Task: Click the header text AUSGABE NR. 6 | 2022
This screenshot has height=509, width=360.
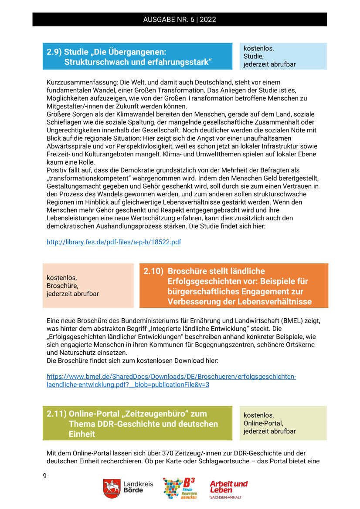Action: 179,20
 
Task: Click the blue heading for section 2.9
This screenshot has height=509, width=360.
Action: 137,57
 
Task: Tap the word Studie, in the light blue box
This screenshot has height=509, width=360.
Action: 253,56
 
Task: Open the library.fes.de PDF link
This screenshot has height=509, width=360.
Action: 114,242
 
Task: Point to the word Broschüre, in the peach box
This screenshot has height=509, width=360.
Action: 62,286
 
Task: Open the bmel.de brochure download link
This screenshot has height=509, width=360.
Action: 171,381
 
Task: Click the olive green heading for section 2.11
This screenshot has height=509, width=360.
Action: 137,423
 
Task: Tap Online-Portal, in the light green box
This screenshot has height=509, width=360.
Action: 263,423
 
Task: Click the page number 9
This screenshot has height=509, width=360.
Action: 44,475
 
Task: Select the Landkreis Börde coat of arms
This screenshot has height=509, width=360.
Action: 112,489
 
